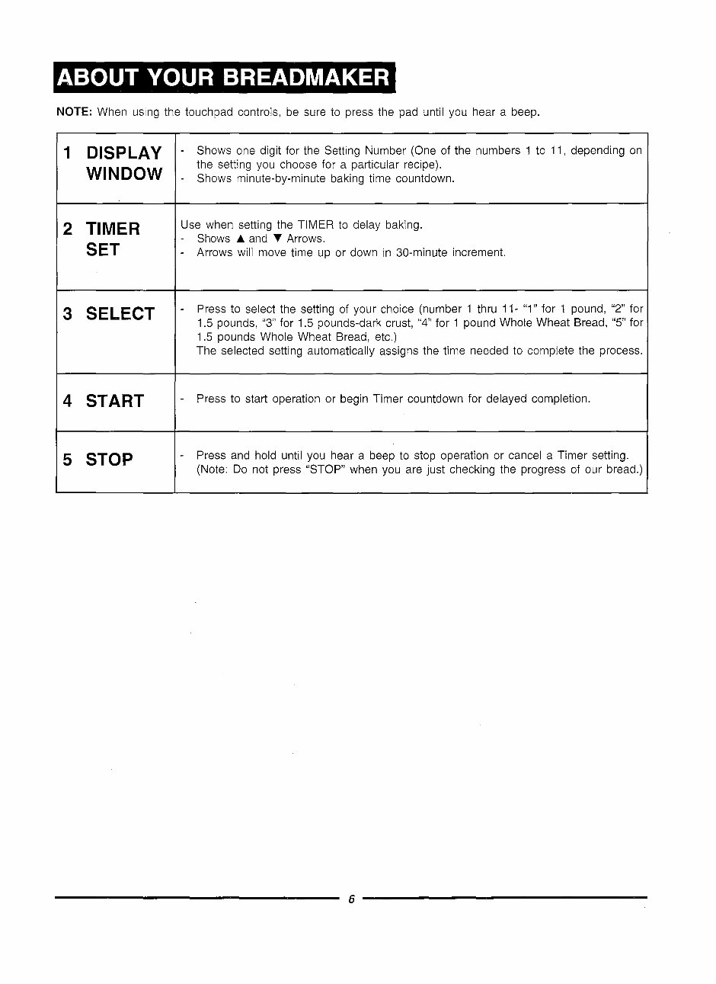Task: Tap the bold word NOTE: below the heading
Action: [x=75, y=112]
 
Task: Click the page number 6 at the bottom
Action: [x=351, y=899]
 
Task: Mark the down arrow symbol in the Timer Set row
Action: [x=277, y=239]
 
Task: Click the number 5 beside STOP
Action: [x=68, y=460]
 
